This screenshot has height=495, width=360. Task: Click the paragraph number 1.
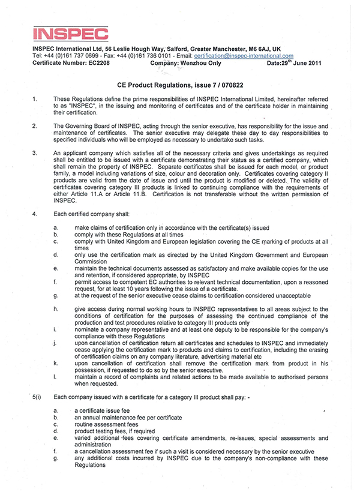[34, 98]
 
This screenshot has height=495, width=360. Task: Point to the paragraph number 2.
[34, 126]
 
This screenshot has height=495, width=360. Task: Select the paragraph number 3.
[34, 154]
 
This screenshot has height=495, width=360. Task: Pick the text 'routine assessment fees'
[103, 424]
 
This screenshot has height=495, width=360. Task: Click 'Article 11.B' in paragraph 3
[131, 194]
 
